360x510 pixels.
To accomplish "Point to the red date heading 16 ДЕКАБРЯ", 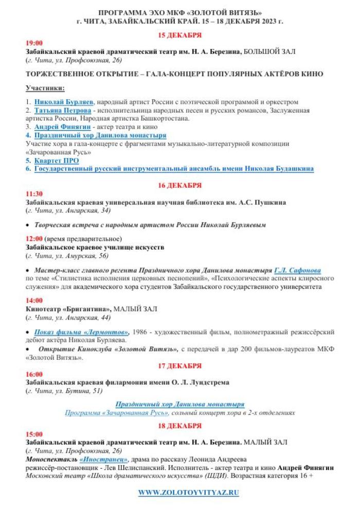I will (x=179, y=185).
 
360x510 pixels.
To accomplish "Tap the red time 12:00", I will (x=34, y=239).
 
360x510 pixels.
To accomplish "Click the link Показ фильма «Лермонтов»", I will (x=82, y=332).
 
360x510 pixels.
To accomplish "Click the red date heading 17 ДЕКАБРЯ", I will (x=179, y=365).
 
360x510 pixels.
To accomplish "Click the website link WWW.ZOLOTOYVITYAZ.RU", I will (x=188, y=493).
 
